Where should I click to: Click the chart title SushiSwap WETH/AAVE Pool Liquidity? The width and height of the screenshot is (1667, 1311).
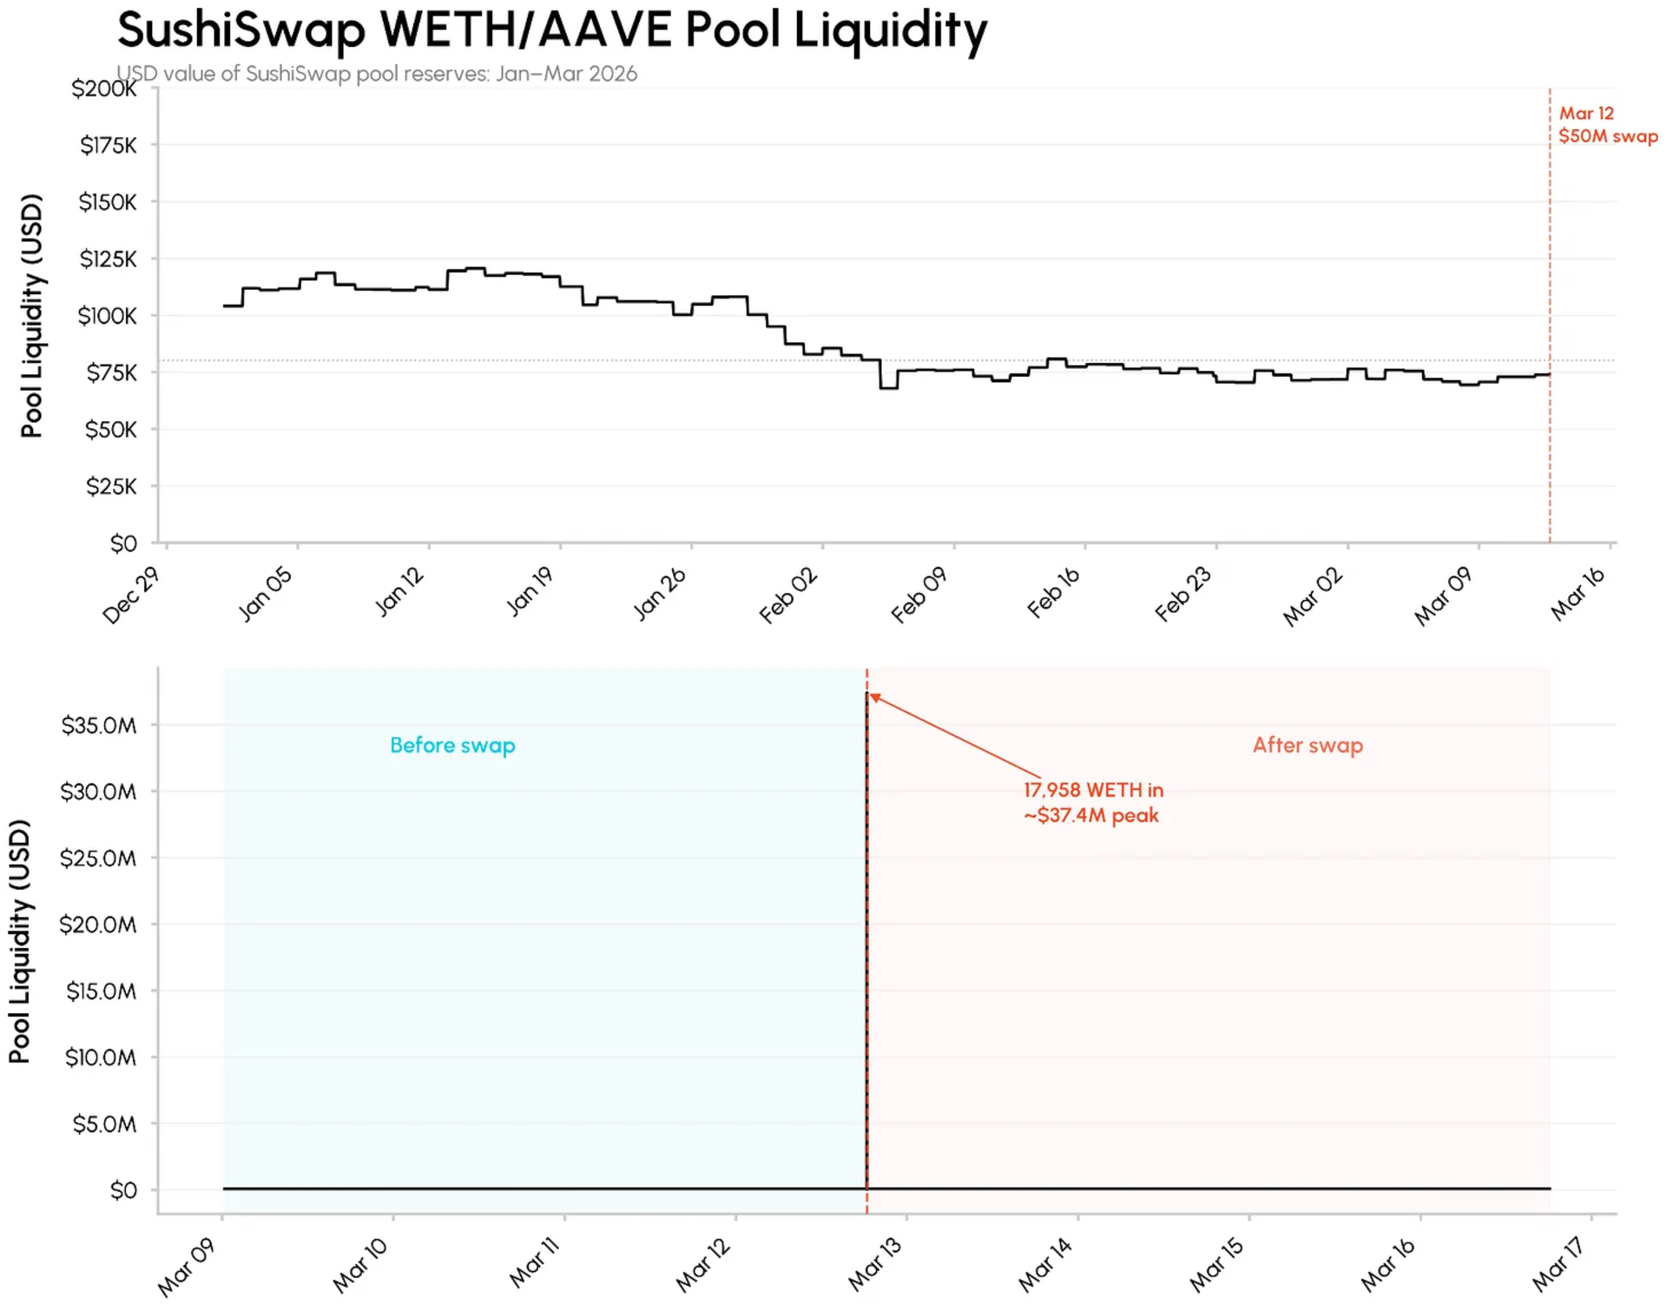pos(552,30)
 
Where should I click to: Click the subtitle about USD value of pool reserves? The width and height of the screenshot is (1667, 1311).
pos(377,74)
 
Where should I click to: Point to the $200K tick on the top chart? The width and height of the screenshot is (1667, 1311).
pos(104,89)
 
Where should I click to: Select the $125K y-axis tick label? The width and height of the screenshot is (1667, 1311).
pos(108,259)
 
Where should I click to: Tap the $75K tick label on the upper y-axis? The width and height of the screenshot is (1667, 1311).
pos(111,372)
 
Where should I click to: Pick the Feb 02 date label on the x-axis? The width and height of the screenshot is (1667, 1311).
pos(788,595)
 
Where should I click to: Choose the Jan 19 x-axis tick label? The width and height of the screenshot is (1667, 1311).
pos(530,591)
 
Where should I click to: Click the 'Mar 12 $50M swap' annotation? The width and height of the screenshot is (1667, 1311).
pos(1607,125)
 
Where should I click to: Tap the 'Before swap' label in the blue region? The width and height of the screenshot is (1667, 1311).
pos(452,745)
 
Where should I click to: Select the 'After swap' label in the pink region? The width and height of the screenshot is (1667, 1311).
pos(1308,745)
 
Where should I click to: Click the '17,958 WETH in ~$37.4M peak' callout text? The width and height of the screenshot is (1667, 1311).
pos(1092,802)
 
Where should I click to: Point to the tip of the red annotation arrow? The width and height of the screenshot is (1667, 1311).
pos(871,695)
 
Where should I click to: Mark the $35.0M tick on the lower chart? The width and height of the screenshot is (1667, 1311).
pos(99,725)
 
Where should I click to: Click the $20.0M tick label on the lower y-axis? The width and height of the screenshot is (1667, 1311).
pos(98,925)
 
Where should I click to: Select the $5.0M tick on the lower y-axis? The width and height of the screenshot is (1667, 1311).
pos(104,1124)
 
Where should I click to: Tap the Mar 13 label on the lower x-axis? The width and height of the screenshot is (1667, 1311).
pos(875,1264)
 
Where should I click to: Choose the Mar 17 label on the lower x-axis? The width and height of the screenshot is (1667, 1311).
pos(1558,1264)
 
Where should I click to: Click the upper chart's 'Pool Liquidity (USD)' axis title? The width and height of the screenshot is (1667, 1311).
pos(32,316)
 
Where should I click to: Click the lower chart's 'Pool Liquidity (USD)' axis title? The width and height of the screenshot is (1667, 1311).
pos(20,941)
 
